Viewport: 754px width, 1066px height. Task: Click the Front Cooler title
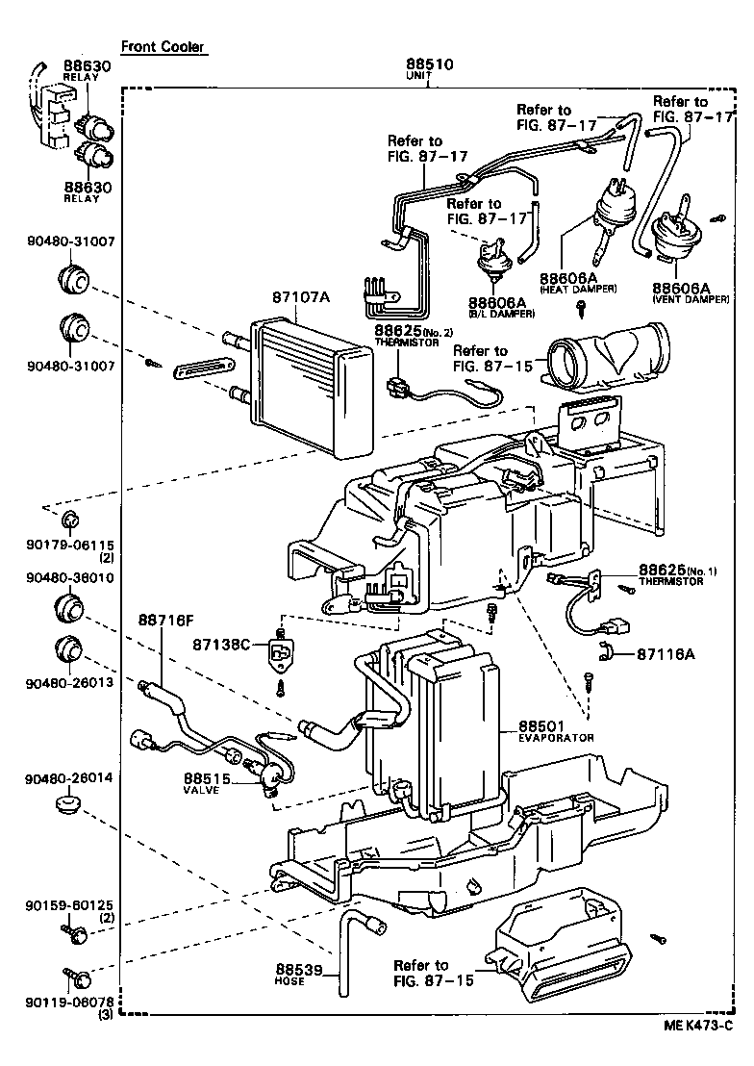163,46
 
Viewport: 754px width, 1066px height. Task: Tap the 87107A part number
298,297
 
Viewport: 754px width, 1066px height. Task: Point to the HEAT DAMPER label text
579,289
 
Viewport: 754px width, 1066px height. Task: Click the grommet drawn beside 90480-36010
70,609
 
